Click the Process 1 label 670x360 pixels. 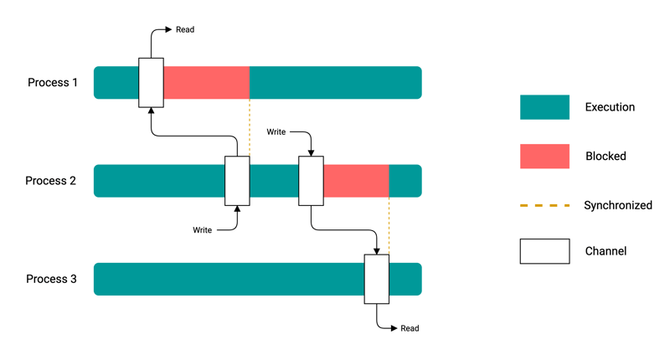(x=53, y=83)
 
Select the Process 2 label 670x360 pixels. (x=51, y=181)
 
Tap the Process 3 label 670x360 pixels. (x=51, y=279)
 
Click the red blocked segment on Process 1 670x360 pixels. (x=206, y=83)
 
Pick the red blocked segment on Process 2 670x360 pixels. (x=356, y=181)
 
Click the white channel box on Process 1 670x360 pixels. (x=151, y=83)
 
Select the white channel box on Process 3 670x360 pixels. (x=377, y=279)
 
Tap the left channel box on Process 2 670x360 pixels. (x=237, y=181)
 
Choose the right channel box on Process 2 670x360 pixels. (x=311, y=181)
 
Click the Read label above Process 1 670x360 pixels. (x=185, y=30)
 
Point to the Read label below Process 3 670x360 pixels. (x=410, y=329)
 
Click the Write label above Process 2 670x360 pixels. (x=277, y=132)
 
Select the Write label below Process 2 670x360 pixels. (x=203, y=229)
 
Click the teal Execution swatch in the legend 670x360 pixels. (x=544, y=107)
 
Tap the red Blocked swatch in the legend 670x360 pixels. (x=544, y=156)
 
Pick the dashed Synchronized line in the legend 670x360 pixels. (x=544, y=205)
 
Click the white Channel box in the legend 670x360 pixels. (x=544, y=251)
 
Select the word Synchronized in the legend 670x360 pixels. (x=618, y=205)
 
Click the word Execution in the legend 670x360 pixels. (x=610, y=107)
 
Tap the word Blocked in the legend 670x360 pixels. (x=606, y=156)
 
